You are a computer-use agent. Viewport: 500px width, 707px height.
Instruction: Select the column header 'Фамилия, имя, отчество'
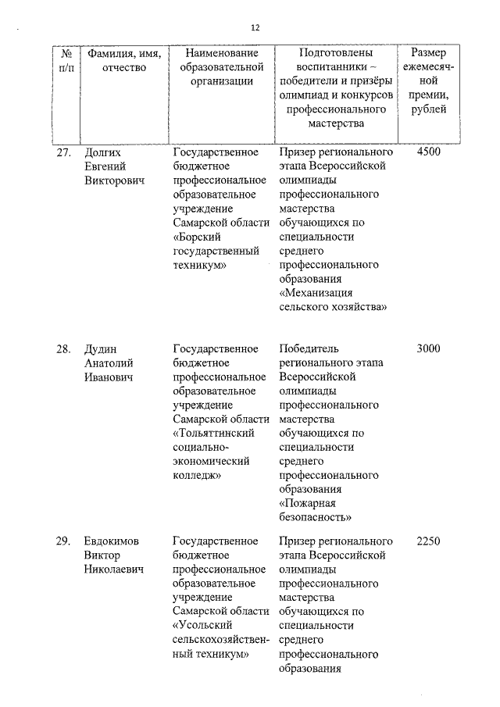point(124,60)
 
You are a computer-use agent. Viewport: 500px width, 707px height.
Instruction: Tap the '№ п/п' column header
point(67,60)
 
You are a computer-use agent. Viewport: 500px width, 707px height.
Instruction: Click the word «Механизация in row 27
point(316,294)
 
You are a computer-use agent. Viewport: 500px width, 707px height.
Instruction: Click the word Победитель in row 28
point(309,349)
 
